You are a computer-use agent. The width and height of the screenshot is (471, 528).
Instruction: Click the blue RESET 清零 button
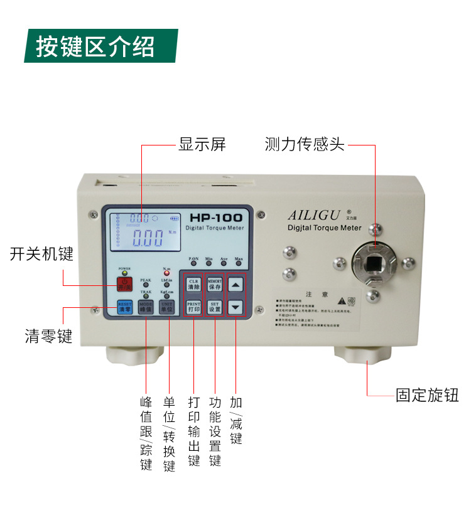(124, 307)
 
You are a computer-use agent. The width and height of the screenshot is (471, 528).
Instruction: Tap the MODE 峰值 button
(146, 307)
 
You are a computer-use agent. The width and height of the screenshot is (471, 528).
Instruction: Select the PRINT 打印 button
(193, 307)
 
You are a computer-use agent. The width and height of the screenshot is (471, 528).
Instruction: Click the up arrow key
(235, 285)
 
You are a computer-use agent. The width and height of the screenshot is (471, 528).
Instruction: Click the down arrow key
(235, 307)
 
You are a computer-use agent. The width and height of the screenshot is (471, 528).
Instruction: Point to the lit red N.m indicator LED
(166, 274)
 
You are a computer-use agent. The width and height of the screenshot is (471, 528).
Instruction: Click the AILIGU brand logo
(313, 214)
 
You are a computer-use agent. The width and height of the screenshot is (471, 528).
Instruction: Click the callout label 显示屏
(202, 145)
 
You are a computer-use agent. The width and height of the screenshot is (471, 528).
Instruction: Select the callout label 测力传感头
(305, 145)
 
